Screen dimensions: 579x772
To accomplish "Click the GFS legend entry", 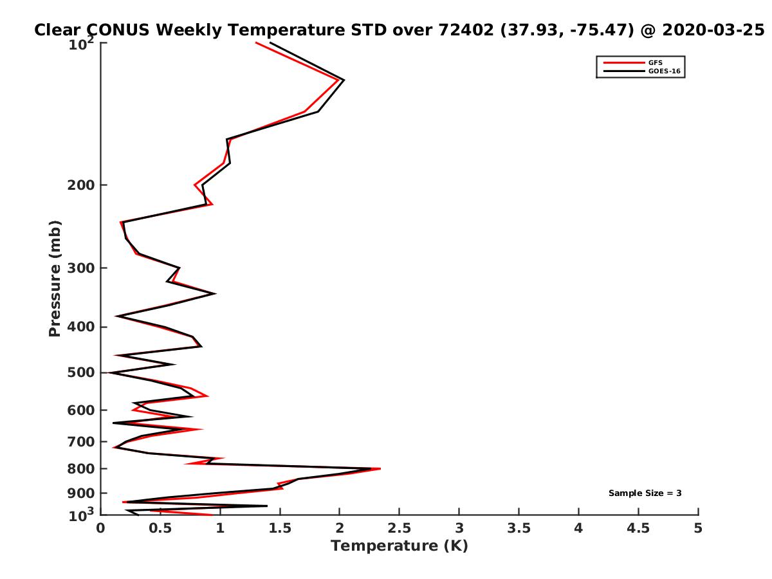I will [x=655, y=62].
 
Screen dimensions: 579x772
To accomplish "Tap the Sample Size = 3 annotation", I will [x=645, y=493].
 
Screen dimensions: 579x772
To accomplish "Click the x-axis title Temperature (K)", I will [x=399, y=546].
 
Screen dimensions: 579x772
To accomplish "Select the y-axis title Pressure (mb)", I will [x=55, y=278].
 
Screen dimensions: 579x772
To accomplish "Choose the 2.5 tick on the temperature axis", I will [x=399, y=528].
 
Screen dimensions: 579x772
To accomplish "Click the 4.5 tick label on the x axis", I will [x=638, y=528].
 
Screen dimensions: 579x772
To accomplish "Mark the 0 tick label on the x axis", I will [x=101, y=528].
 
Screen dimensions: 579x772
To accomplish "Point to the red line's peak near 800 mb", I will [x=380, y=469].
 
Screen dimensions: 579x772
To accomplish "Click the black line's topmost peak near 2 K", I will [x=344, y=80].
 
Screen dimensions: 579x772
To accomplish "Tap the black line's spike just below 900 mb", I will [x=266, y=506].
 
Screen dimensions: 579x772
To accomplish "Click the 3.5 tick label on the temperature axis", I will [x=519, y=528].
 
